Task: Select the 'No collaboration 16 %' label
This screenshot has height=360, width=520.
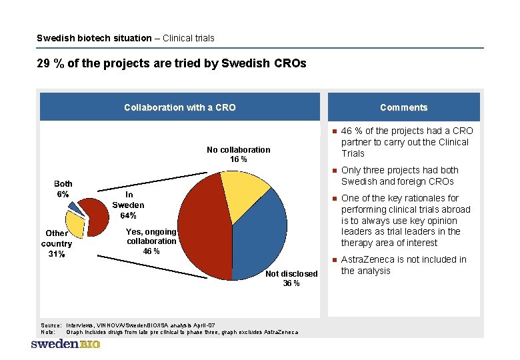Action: coord(238,155)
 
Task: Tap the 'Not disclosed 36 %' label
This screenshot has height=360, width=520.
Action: coord(291,279)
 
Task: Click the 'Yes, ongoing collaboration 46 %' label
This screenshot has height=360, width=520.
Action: coord(151,241)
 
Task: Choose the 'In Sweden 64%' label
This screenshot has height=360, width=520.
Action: coord(127,205)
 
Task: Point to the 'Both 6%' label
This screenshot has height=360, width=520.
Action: coord(63,189)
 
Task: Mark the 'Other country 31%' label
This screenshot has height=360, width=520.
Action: coord(57,244)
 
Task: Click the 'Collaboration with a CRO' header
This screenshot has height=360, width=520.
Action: coord(179,107)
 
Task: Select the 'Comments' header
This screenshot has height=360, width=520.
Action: coord(403,107)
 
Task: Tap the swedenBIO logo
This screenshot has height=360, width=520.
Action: coord(65,345)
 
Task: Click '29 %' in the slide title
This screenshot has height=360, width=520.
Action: coord(49,64)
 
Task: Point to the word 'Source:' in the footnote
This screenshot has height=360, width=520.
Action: coord(51,325)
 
